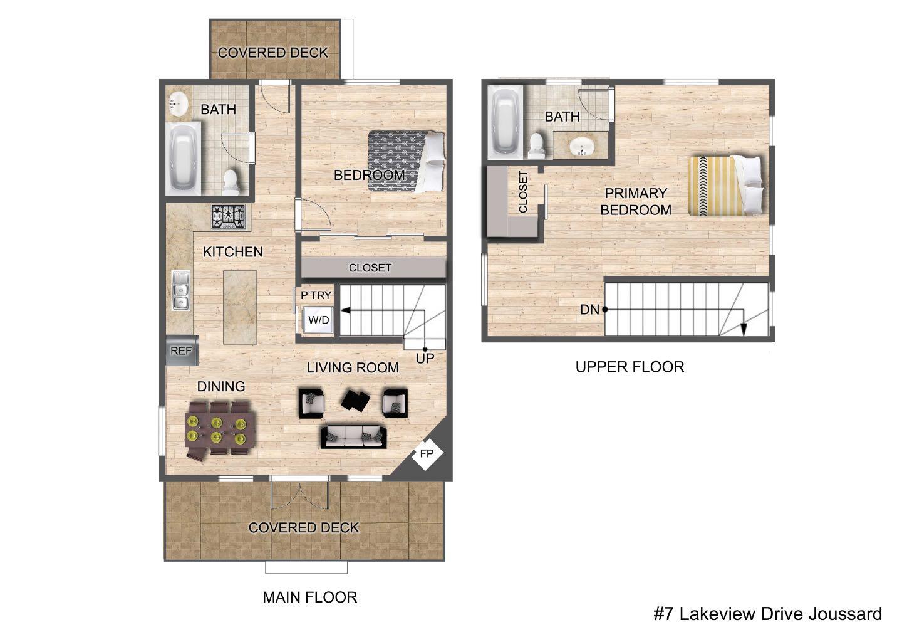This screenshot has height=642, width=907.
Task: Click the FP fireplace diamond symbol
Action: [x=427, y=453]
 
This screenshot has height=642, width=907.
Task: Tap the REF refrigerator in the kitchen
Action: [x=182, y=350]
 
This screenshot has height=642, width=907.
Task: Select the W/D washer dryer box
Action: [x=319, y=320]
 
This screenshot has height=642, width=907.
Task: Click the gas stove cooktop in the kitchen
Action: [x=229, y=217]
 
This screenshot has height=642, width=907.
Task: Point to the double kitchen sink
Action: [x=182, y=290]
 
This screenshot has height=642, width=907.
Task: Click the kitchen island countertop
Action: [x=240, y=307]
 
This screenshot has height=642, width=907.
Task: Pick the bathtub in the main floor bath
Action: [x=183, y=157]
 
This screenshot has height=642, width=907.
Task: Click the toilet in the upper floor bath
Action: [x=537, y=145]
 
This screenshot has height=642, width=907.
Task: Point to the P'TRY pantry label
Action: [x=316, y=295]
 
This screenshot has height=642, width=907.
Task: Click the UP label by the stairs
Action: [x=425, y=359]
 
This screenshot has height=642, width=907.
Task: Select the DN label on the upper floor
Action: [x=589, y=309]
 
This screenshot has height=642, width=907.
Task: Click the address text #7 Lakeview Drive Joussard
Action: [x=768, y=614]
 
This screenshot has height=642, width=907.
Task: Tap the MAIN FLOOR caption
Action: [x=309, y=597]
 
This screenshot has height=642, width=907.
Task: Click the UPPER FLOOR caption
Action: [x=630, y=367]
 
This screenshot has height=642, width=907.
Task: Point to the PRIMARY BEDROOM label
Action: [x=636, y=201]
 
